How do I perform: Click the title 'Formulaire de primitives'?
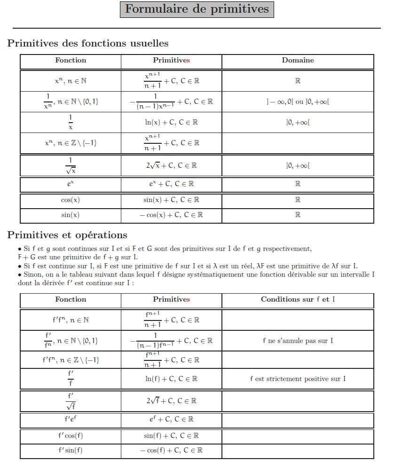(x=197, y=9)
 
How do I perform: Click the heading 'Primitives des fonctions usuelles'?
(x=88, y=44)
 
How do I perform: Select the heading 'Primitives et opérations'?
(x=67, y=235)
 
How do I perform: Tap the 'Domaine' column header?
(x=298, y=60)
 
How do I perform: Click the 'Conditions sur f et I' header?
(x=298, y=299)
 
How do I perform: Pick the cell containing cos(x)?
(x=71, y=200)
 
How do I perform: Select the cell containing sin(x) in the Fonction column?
(x=71, y=215)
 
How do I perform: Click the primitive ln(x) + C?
(x=171, y=122)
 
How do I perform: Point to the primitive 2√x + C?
(x=171, y=165)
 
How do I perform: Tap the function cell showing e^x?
(x=71, y=184)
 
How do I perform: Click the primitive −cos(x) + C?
(x=171, y=215)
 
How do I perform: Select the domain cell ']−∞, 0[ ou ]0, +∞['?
(x=298, y=101)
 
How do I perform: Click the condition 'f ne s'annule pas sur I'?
(x=298, y=341)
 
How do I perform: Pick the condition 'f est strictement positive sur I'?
(x=298, y=378)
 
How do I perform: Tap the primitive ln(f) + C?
(x=171, y=378)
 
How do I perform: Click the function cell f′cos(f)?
(x=71, y=436)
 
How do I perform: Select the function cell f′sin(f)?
(x=71, y=450)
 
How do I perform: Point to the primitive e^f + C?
(x=171, y=419)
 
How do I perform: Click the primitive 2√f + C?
(x=171, y=401)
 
